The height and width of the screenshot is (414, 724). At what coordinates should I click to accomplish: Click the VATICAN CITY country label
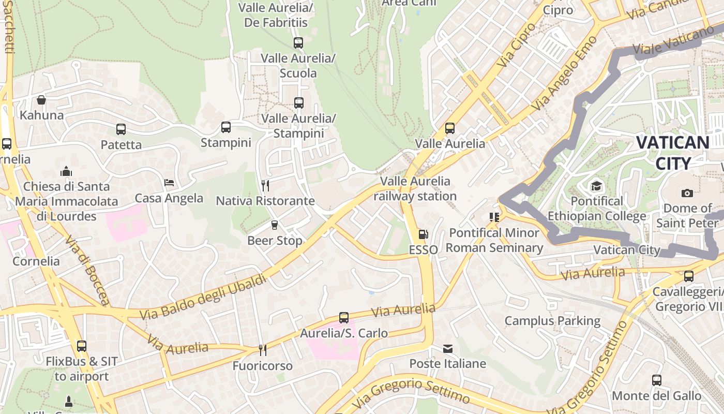tap(672, 153)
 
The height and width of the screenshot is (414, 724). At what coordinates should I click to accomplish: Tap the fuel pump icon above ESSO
tap(423, 234)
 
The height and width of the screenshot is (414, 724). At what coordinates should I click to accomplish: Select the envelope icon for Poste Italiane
tap(448, 349)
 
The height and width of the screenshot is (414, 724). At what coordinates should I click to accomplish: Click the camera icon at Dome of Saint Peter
tap(687, 193)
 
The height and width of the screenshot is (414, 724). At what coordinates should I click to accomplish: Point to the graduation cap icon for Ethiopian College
tap(597, 186)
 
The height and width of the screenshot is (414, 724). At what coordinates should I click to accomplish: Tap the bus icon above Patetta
tap(121, 129)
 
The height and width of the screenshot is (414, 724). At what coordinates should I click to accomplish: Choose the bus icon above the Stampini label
tap(226, 127)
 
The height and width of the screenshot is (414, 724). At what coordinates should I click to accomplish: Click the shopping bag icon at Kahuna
tap(41, 99)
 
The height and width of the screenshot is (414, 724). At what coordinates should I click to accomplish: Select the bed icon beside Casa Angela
tap(169, 182)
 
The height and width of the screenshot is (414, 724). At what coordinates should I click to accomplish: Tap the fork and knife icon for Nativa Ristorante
tap(265, 185)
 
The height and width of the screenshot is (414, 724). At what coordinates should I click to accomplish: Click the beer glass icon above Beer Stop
tap(275, 225)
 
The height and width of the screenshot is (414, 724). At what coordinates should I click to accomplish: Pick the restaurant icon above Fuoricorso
tap(263, 350)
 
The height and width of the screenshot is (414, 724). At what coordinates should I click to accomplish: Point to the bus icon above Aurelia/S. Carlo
tap(344, 317)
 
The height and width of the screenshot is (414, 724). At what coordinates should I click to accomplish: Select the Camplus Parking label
tap(552, 321)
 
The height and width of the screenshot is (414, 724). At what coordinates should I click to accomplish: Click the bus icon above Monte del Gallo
tap(657, 380)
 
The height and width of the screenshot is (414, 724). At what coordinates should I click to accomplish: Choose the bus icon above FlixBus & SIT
tap(82, 346)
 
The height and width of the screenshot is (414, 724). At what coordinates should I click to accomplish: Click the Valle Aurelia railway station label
tap(415, 188)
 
